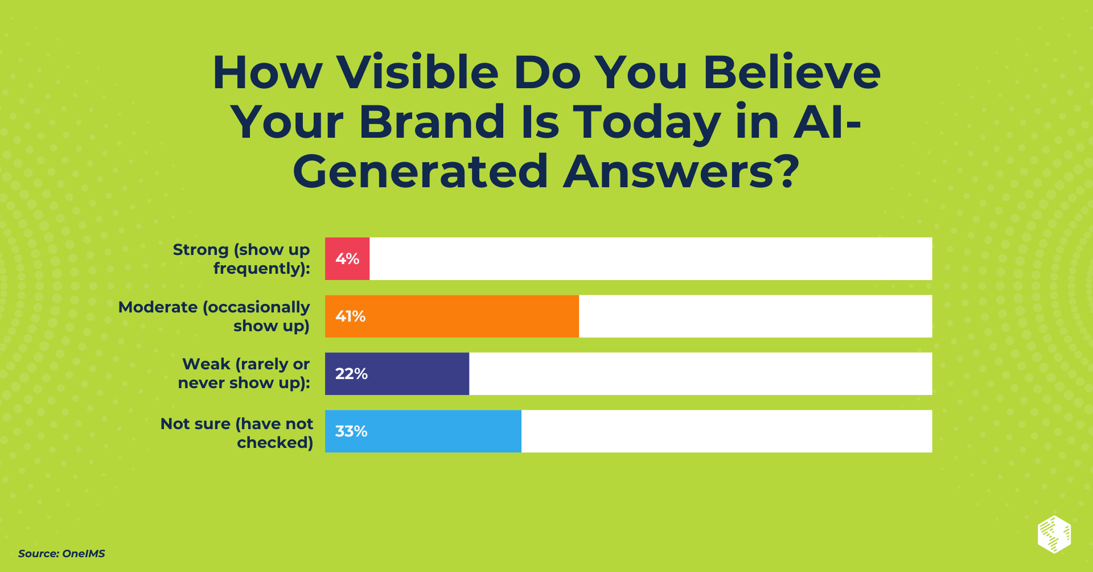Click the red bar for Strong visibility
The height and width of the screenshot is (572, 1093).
[347, 258]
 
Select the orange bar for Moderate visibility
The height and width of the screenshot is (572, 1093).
[452, 316]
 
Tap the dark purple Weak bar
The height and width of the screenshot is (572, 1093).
[397, 373]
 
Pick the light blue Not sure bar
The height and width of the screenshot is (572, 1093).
[423, 431]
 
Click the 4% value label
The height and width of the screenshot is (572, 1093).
[347, 259]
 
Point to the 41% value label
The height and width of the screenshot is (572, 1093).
[350, 316]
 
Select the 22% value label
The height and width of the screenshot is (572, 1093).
[351, 374]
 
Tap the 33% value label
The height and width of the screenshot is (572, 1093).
[351, 431]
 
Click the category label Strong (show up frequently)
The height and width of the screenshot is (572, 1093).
[241, 259]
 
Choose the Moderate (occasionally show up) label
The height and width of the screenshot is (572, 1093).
[214, 316]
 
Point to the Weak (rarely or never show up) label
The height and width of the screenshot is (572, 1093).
[244, 373]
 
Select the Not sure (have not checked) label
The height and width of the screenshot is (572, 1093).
[237, 433]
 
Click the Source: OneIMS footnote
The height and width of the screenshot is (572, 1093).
[61, 553]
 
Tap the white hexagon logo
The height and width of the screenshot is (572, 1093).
[1054, 534]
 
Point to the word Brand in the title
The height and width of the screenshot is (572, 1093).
[432, 122]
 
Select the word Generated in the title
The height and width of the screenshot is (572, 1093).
[420, 171]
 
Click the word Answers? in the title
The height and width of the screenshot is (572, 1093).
[681, 171]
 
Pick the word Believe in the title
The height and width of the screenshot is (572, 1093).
[792, 72]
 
